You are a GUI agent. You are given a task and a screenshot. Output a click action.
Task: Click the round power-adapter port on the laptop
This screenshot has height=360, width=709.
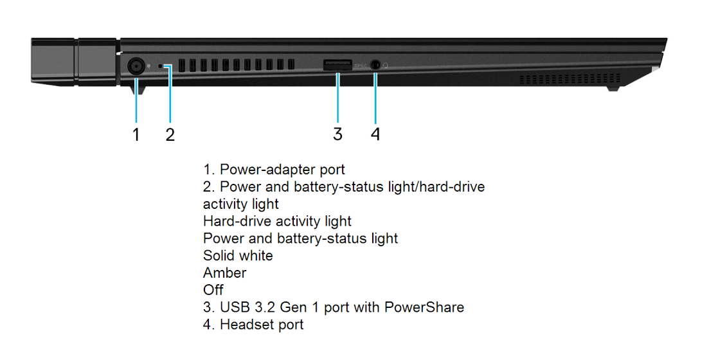click(135, 67)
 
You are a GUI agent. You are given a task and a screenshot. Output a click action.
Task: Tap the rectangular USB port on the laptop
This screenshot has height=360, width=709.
click(337, 65)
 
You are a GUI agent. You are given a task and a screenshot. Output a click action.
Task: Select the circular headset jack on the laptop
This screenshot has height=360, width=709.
click(375, 65)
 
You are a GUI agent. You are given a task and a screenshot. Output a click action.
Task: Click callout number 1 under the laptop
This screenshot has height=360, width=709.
click(136, 134)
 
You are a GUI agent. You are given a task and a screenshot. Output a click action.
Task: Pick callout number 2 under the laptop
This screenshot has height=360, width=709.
click(170, 134)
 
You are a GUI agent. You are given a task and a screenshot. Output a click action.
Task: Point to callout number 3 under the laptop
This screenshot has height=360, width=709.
click(337, 134)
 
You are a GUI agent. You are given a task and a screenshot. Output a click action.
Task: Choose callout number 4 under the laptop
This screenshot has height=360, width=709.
click(375, 134)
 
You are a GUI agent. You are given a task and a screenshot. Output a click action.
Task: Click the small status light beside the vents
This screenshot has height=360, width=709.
click(162, 66)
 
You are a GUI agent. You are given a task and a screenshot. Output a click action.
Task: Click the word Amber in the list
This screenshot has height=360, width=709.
click(225, 273)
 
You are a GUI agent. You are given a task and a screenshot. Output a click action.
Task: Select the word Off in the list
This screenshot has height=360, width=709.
click(213, 290)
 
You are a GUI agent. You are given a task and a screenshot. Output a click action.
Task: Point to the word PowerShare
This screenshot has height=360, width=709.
click(424, 307)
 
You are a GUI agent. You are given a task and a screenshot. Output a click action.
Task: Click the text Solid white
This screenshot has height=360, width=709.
click(238, 255)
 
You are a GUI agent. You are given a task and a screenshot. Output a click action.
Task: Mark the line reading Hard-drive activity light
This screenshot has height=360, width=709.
click(277, 221)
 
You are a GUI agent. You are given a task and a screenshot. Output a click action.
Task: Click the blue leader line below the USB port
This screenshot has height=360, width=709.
click(337, 96)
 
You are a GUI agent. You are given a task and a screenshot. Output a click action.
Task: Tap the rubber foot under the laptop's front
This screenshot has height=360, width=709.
click(613, 88)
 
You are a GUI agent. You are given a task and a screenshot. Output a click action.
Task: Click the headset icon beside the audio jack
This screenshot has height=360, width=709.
click(386, 66)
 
